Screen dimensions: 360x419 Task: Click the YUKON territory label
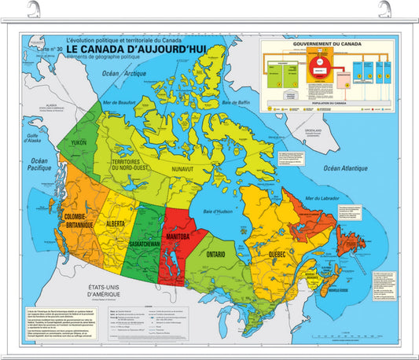[79, 142]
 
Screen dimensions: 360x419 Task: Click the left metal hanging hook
[34, 10]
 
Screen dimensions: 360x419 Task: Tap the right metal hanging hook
[384, 10]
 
